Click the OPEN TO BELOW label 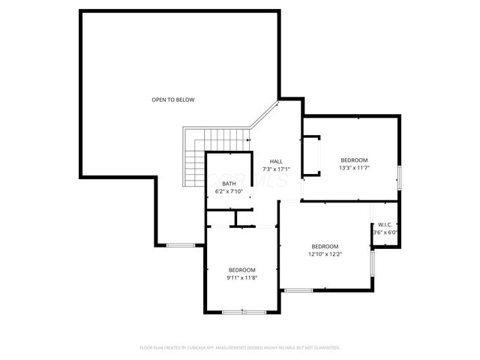pos(173,100)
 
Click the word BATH pos(229,184)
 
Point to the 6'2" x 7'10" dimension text pos(229,192)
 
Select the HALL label pos(276,161)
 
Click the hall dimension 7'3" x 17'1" pos(276,169)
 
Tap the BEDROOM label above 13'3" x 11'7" pos(354,160)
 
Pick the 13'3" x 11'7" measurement pos(354,168)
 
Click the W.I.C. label pos(385,224)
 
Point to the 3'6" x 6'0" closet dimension pos(385,232)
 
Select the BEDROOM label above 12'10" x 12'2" pos(325,247)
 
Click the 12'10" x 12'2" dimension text pos(325,255)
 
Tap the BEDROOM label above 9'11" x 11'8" pos(241,270)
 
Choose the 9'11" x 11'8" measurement pos(241,278)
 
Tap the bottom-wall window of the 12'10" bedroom pos(298,289)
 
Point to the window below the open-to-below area pos(181,244)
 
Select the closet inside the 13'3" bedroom pos(311,157)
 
